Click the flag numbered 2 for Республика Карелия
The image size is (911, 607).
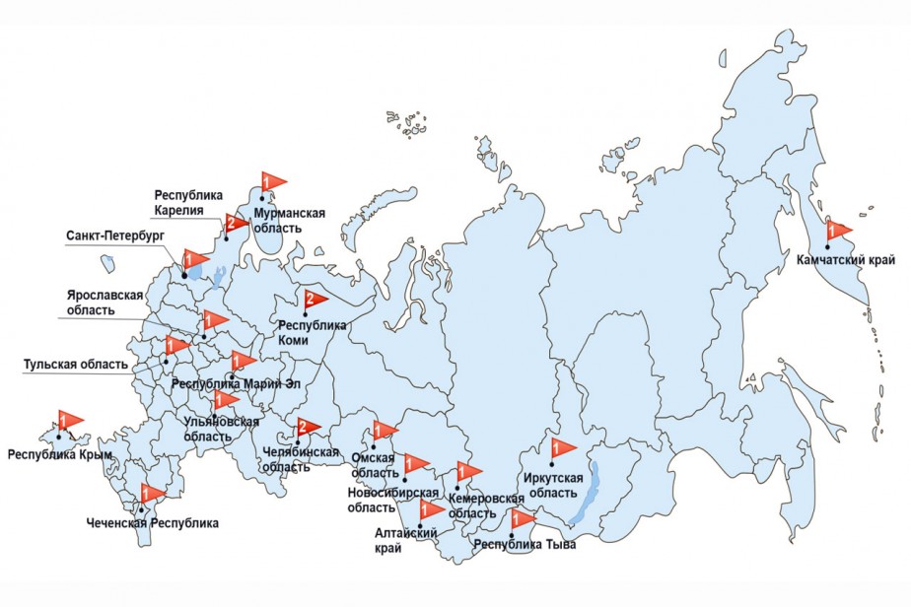click(236, 222)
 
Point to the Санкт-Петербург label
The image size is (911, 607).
click(113, 237)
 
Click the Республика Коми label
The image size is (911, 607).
click(313, 331)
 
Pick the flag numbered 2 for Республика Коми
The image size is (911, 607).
click(315, 299)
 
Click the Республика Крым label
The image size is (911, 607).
click(59, 455)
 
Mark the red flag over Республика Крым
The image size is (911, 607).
click(69, 421)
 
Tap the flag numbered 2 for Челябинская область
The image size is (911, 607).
click(308, 428)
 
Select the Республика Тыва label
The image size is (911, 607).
click(525, 543)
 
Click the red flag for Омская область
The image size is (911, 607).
click(384, 431)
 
